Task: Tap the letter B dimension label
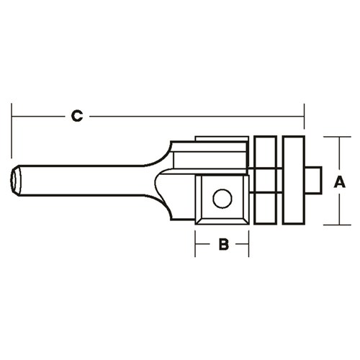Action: pos(223,245)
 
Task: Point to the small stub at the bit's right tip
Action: pos(314,180)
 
